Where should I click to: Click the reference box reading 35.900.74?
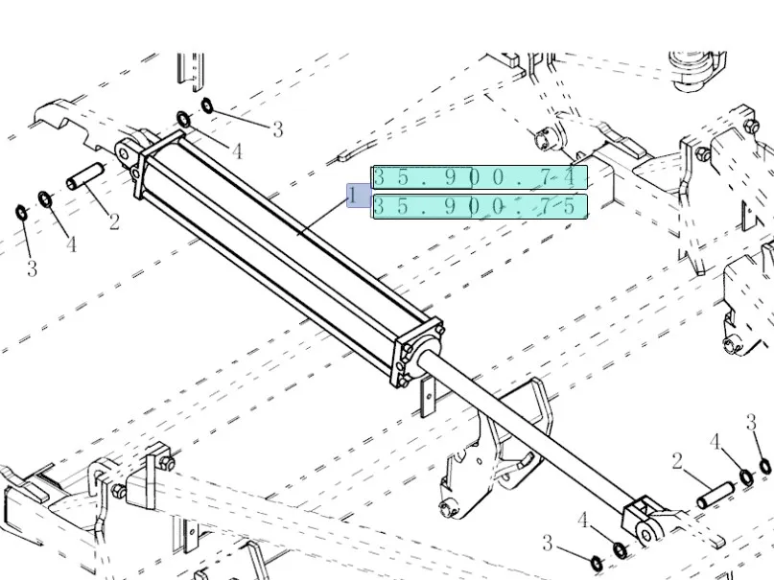click(x=479, y=177)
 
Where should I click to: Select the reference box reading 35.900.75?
click(x=479, y=206)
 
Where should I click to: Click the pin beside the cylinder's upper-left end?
click(x=83, y=179)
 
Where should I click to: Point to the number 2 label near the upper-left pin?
click(x=114, y=222)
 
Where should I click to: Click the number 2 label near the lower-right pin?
click(x=677, y=463)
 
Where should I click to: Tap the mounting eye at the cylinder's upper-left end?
click(x=125, y=151)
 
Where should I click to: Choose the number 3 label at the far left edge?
click(x=32, y=268)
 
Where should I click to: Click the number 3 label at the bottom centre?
click(x=547, y=543)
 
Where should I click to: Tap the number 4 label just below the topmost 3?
click(x=236, y=151)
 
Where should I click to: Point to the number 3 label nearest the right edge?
click(x=752, y=422)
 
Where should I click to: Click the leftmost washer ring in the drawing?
click(x=21, y=211)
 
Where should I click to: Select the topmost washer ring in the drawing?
click(x=206, y=104)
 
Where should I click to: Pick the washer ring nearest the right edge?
click(x=764, y=466)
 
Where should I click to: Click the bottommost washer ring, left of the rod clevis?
click(x=595, y=561)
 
